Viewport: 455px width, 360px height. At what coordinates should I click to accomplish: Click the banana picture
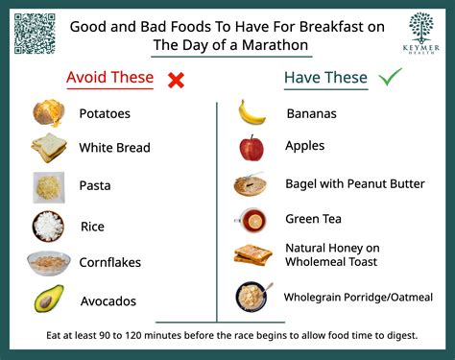[251, 112]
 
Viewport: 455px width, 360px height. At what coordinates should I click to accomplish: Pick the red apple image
[251, 149]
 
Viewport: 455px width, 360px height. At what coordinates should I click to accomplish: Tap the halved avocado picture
[49, 299]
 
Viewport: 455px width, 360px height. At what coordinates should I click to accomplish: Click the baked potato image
[48, 113]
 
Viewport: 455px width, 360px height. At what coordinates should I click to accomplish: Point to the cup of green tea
[251, 220]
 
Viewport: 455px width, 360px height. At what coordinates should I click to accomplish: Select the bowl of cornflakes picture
[48, 261]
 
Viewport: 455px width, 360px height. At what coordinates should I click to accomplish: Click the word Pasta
[97, 188]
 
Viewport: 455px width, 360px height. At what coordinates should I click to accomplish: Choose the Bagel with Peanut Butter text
[354, 183]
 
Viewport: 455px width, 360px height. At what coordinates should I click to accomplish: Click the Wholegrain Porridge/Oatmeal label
[358, 298]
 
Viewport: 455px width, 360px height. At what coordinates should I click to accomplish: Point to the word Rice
[93, 227]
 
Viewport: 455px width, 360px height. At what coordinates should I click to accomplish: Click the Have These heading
[325, 78]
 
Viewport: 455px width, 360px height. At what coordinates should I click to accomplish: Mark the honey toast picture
[252, 255]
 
